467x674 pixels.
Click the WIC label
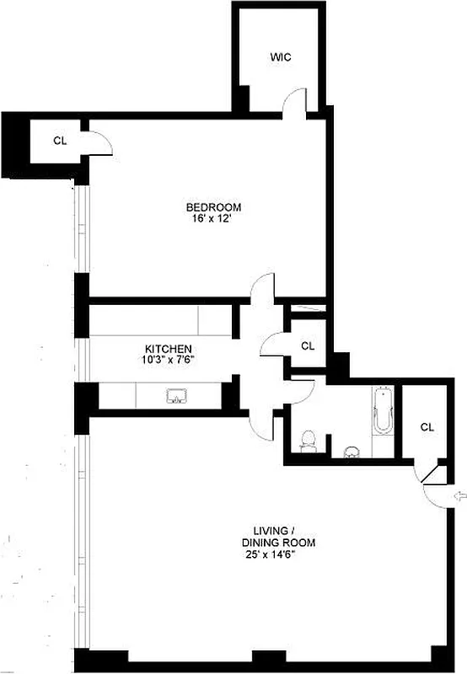pyautogui.click(x=280, y=57)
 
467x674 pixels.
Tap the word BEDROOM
pyautogui.click(x=214, y=207)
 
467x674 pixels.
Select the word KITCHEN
pyautogui.click(x=169, y=349)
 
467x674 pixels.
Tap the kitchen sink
pyautogui.click(x=178, y=396)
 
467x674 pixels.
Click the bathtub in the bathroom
pyautogui.click(x=383, y=413)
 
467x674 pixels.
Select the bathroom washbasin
pyautogui.click(x=352, y=450)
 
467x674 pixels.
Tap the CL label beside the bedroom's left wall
pyautogui.click(x=59, y=141)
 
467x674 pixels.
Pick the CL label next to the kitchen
pyautogui.click(x=308, y=345)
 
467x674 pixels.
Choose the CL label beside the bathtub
pyautogui.click(x=427, y=427)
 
